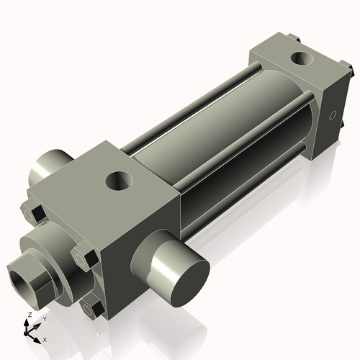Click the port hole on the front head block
118,180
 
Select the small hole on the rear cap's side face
333,114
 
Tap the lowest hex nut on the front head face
91,308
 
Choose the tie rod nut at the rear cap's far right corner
350,70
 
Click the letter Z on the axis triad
29,315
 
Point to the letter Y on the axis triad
44,318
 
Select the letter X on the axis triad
45,338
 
